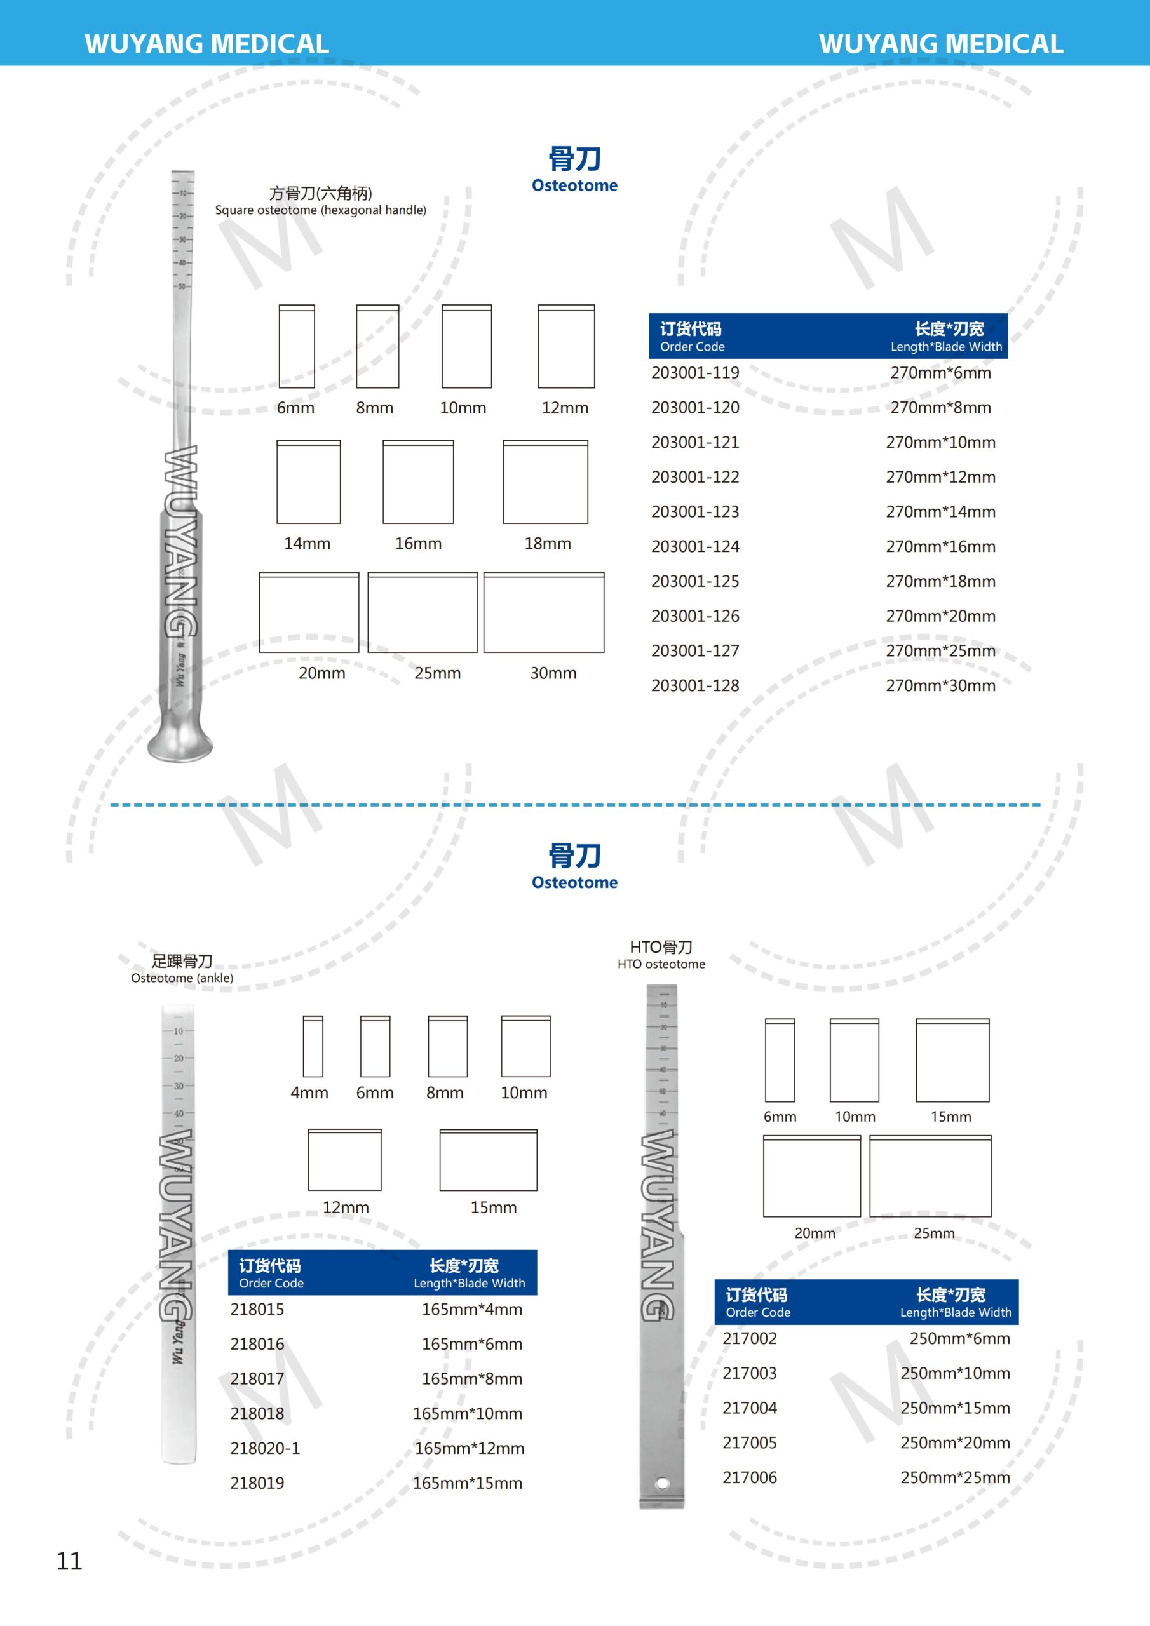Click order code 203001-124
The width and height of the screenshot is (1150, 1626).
[x=695, y=547]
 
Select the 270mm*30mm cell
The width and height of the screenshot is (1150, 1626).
[x=940, y=685]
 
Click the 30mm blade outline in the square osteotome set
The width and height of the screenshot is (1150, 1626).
[x=543, y=612]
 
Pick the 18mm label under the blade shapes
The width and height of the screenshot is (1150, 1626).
[x=547, y=543]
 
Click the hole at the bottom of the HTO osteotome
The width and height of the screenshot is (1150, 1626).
[x=662, y=1483]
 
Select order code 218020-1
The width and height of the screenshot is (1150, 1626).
[x=265, y=1448]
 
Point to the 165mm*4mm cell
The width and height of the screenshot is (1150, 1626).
[x=472, y=1310]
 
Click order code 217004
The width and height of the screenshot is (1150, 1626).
[x=750, y=1408]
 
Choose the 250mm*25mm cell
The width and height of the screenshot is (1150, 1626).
[x=955, y=1477]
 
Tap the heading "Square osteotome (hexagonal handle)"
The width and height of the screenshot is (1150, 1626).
[x=320, y=210]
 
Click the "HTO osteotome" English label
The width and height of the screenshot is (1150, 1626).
[x=661, y=964]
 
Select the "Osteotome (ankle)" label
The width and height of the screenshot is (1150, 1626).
[x=182, y=978]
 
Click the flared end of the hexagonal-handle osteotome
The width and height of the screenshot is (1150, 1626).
[x=180, y=744]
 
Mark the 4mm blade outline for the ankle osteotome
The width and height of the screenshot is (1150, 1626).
[x=313, y=1047]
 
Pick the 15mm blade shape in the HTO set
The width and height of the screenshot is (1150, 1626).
[x=952, y=1060]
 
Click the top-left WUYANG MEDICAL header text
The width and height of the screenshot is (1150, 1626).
[x=206, y=44]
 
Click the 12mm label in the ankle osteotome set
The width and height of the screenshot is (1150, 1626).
[x=346, y=1207]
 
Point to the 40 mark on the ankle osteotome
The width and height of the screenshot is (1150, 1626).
[x=178, y=1113]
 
